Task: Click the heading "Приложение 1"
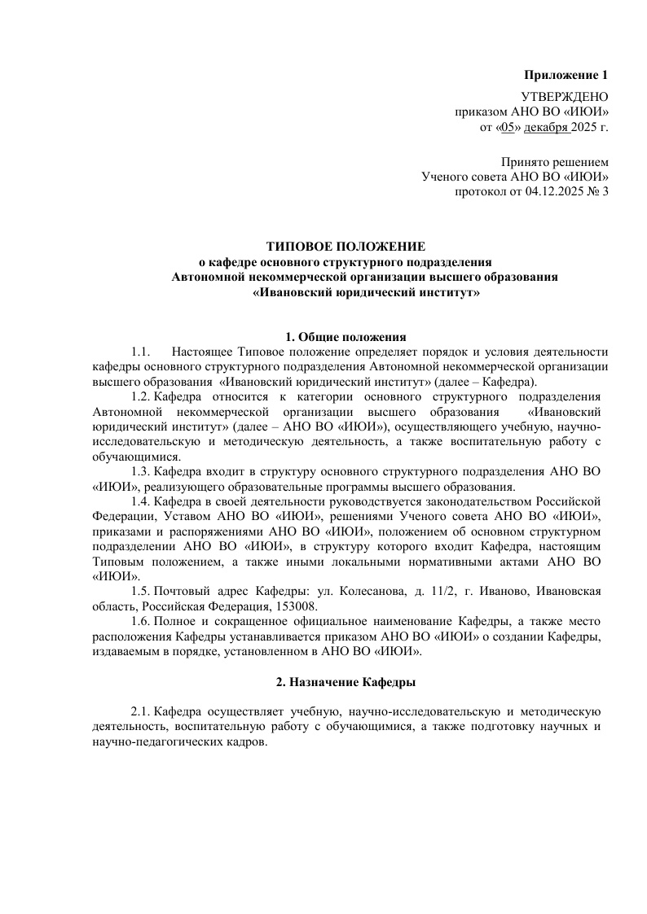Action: [x=566, y=76]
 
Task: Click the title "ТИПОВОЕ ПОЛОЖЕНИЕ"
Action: [x=347, y=246]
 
